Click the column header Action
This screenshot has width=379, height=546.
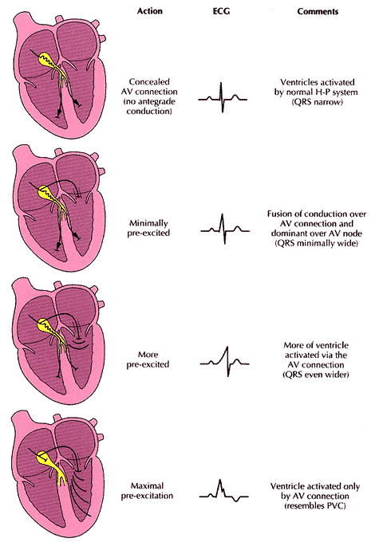point(149,11)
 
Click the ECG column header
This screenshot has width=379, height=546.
point(221,11)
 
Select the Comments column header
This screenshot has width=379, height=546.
point(318,11)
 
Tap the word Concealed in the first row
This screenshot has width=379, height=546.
point(149,82)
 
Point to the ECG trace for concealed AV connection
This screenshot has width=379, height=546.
point(223,98)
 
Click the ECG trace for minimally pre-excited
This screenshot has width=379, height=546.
point(225,229)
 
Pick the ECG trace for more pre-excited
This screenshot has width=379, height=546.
point(225,362)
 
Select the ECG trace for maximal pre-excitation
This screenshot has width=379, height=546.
point(224,491)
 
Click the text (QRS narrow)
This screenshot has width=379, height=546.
point(318,102)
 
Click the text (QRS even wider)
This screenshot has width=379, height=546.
point(316,375)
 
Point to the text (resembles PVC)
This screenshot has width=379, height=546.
point(315,505)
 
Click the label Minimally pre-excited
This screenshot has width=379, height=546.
point(148,228)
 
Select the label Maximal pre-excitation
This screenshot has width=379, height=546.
point(147,491)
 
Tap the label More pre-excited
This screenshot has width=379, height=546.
point(148,359)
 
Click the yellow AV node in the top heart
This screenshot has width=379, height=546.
point(49,60)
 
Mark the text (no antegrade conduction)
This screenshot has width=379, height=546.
point(149,106)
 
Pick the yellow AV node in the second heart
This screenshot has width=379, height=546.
point(49,193)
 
